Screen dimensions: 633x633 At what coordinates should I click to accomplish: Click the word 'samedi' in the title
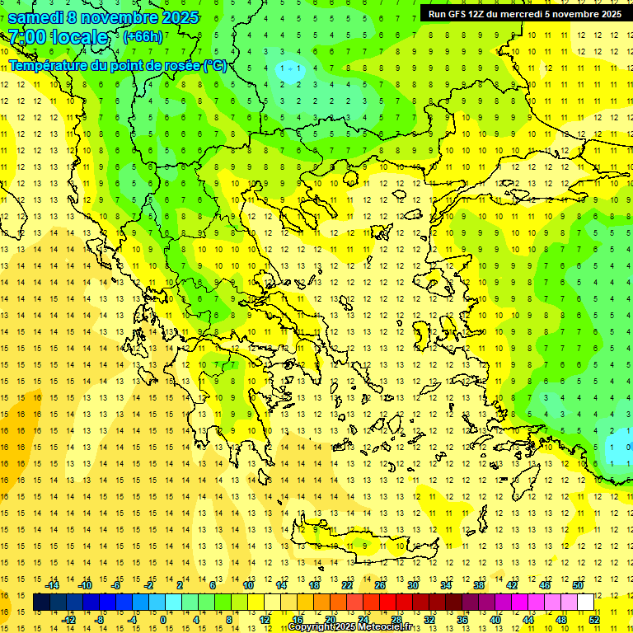36,17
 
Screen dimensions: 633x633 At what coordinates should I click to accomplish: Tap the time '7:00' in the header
26,37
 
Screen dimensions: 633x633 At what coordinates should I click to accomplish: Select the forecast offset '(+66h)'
142,37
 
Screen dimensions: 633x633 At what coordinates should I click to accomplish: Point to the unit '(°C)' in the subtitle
215,65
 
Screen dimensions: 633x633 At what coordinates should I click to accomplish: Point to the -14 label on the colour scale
52,585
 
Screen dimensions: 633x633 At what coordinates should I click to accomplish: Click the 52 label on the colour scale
594,620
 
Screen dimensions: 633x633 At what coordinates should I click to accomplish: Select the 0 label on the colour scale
162,620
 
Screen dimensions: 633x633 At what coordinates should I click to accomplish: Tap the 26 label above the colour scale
380,585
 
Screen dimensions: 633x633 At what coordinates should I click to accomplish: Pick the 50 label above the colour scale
578,585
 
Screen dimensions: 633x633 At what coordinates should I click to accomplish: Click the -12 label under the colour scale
68,620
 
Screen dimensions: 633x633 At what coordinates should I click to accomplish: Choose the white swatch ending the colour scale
585,603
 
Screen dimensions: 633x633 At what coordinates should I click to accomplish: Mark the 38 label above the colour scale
479,585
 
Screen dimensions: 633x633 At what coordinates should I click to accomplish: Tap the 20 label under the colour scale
331,620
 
